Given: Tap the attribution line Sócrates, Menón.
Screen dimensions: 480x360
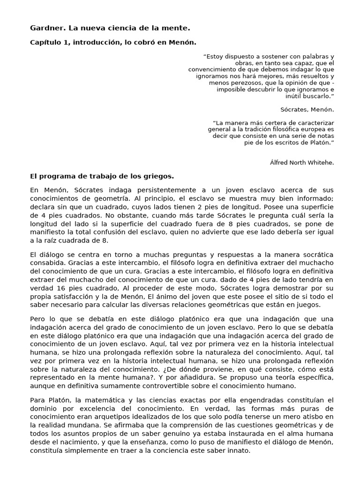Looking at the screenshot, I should click(307, 110).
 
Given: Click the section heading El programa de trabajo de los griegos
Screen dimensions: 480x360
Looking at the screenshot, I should click(102, 176).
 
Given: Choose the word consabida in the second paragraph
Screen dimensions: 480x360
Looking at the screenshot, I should click(47, 263).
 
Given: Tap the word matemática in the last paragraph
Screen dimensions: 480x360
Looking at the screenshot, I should click(100, 400).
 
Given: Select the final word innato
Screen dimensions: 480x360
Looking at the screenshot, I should click(239, 450).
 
